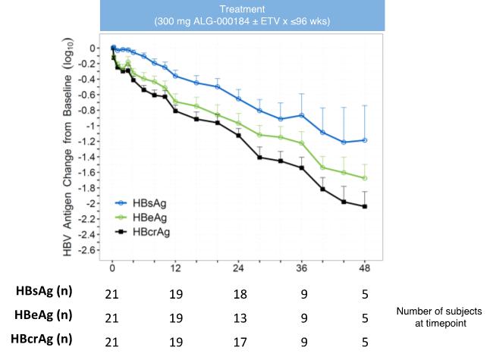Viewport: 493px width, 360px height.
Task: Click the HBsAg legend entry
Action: pyautogui.click(x=144, y=204)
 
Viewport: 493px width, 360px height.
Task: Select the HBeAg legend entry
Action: pyautogui.click(x=144, y=217)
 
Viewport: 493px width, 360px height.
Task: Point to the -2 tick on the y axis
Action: pyautogui.click(x=94, y=204)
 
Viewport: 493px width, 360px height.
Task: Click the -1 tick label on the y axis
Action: pyautogui.click(x=94, y=126)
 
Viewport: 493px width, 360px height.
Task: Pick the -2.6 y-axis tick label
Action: pyautogui.click(x=89, y=251)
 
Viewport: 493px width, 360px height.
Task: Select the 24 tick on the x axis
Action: pyautogui.click(x=239, y=269)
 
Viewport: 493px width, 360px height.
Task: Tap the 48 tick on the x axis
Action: pyautogui.click(x=366, y=269)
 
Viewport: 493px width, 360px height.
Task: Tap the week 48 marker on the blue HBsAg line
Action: pyautogui.click(x=366, y=140)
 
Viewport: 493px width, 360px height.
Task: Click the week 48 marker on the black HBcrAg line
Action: pyautogui.click(x=366, y=207)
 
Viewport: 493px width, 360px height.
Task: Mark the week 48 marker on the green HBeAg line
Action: pyautogui.click(x=366, y=178)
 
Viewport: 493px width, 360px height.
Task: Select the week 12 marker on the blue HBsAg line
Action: pyautogui.click(x=176, y=76)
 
